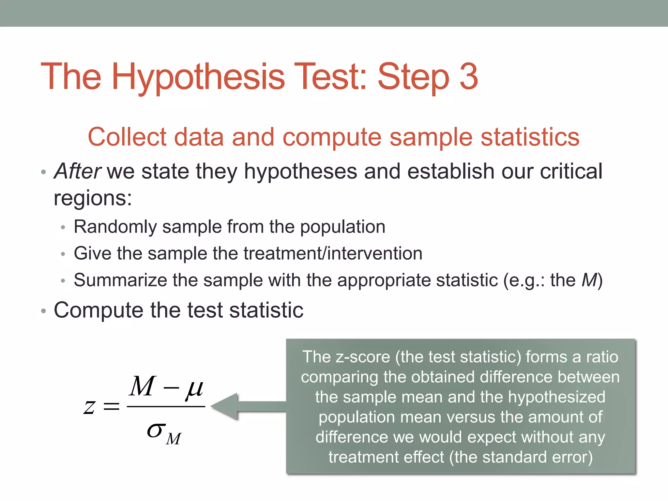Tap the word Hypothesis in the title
(x=198, y=78)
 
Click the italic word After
(x=78, y=171)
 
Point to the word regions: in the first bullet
(x=93, y=198)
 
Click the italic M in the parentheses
(x=589, y=280)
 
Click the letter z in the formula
(x=89, y=407)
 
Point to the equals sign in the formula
(x=111, y=407)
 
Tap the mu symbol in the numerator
(x=194, y=388)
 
